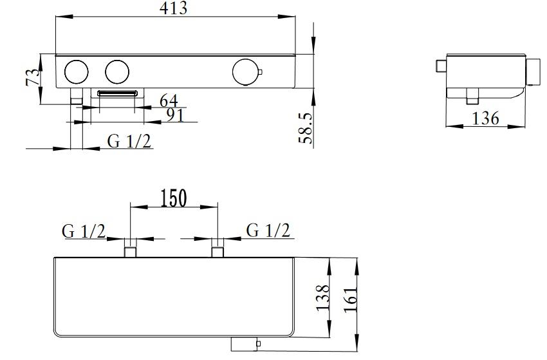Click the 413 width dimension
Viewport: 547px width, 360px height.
173,8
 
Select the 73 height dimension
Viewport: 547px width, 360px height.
33,77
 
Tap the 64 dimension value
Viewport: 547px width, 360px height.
169,101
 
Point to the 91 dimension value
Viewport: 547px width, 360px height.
175,115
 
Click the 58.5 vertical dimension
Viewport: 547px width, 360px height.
306,128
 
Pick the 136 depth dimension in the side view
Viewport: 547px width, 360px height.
485,118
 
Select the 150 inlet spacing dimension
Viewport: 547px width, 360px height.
174,198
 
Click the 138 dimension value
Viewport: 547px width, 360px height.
322,298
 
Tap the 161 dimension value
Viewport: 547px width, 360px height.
351,300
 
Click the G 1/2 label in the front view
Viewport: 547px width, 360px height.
129,142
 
